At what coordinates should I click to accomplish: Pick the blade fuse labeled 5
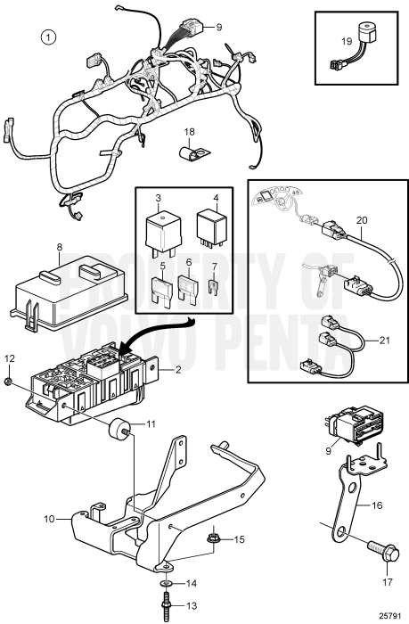163,289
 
